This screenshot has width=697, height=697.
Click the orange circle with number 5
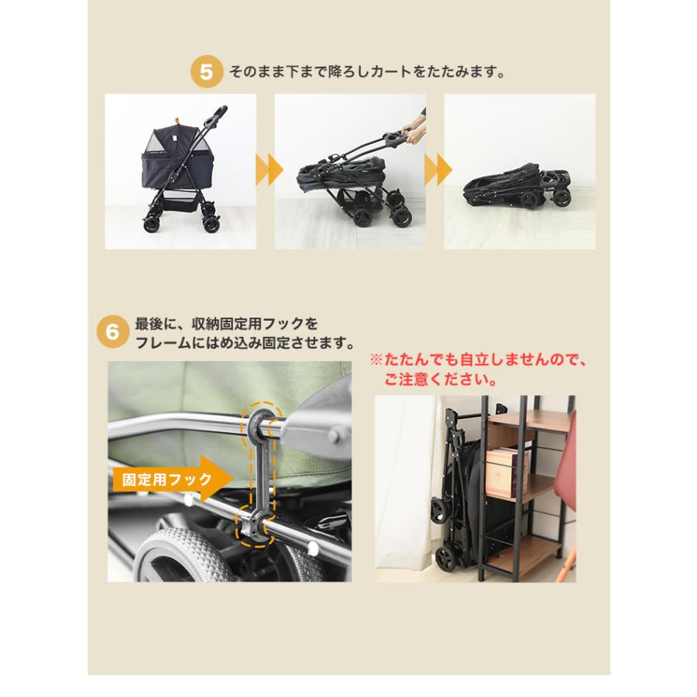(x=205, y=73)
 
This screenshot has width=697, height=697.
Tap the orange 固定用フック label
(x=163, y=479)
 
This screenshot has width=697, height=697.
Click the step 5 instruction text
(x=365, y=73)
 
